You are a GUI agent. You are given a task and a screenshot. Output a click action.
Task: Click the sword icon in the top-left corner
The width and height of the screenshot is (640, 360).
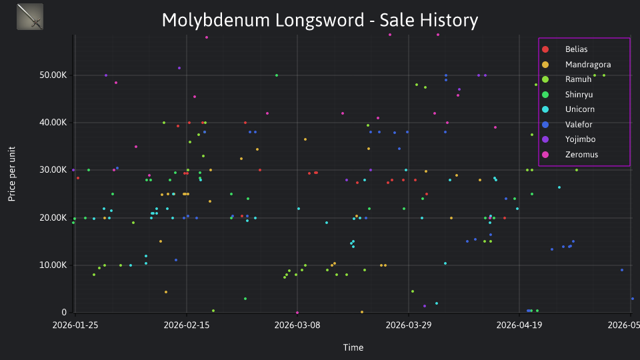(30, 17)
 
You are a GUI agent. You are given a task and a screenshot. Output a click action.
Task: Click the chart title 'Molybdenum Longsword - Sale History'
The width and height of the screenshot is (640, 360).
(319, 20)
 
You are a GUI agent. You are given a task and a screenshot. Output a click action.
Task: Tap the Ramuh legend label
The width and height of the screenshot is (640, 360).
(578, 79)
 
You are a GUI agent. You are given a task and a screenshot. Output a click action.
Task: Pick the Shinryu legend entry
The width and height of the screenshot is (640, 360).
(579, 95)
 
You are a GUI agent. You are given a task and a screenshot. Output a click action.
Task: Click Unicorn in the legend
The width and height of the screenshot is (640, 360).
(579, 109)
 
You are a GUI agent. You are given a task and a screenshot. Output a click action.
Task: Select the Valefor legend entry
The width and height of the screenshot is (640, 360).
(579, 125)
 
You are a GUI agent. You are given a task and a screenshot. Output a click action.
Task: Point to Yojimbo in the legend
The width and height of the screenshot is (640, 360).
(580, 139)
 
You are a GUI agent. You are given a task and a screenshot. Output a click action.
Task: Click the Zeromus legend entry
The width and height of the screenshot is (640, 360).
(581, 155)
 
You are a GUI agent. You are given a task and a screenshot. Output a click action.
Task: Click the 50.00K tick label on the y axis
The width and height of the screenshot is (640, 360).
(53, 75)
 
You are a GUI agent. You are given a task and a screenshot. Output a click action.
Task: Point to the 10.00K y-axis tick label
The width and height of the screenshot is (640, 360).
(53, 265)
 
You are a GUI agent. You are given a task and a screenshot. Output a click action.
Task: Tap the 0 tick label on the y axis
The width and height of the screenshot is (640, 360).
(64, 313)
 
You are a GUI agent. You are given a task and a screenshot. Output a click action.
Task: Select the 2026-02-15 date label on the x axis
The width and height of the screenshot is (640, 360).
(187, 325)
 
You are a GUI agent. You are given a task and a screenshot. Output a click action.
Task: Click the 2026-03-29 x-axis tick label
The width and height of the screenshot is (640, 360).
(409, 325)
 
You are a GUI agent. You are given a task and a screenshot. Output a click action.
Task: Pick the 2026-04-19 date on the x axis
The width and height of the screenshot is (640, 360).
(519, 325)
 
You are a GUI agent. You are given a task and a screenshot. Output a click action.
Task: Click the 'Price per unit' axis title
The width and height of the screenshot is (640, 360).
(12, 174)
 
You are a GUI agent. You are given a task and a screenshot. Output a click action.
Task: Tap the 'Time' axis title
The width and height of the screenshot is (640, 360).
(353, 348)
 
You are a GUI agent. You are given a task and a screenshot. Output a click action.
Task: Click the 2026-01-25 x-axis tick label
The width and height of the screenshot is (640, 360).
(75, 325)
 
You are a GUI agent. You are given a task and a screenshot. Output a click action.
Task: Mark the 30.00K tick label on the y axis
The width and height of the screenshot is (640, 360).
(53, 170)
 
